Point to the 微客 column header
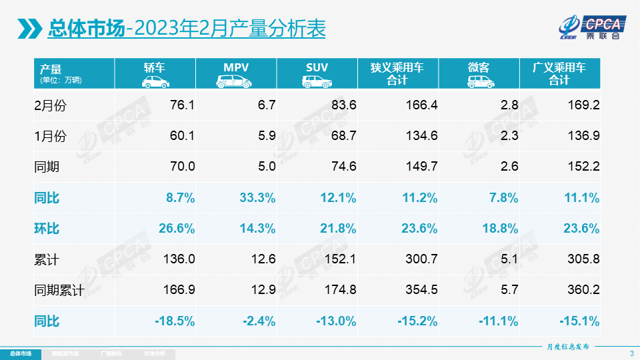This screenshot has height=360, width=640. point(478,73)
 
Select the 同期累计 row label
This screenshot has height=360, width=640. point(59,291)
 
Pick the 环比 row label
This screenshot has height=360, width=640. point(47,229)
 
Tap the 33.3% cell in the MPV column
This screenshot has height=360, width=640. point(257,198)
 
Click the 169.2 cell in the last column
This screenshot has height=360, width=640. point(583,105)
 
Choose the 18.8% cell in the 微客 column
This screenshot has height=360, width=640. point(499,229)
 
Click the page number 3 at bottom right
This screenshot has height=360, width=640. point(631,353)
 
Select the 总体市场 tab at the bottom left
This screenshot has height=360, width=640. point(20,353)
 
